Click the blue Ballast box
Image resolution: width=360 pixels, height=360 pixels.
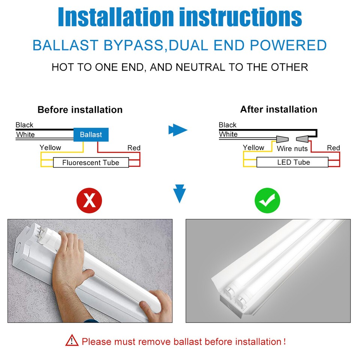point(91,134)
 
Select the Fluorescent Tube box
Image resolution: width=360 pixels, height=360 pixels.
point(91,162)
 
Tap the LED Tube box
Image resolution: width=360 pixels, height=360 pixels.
point(293,162)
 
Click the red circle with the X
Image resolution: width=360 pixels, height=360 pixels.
point(89,201)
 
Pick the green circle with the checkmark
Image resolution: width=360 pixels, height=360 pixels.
point(267,201)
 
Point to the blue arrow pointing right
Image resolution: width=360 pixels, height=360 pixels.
point(178,130)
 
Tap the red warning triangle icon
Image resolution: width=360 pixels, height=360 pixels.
point(72,341)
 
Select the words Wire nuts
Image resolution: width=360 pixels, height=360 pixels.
point(292,148)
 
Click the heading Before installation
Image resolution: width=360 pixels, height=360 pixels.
point(80,110)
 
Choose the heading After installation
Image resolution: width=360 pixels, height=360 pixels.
point(279,109)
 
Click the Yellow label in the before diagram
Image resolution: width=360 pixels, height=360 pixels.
point(50,147)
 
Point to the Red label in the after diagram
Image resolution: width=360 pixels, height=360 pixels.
point(333,148)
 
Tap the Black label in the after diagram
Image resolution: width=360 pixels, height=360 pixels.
point(228,125)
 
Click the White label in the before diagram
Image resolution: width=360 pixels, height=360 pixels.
point(25,135)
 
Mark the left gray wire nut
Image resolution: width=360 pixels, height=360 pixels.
point(282,139)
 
